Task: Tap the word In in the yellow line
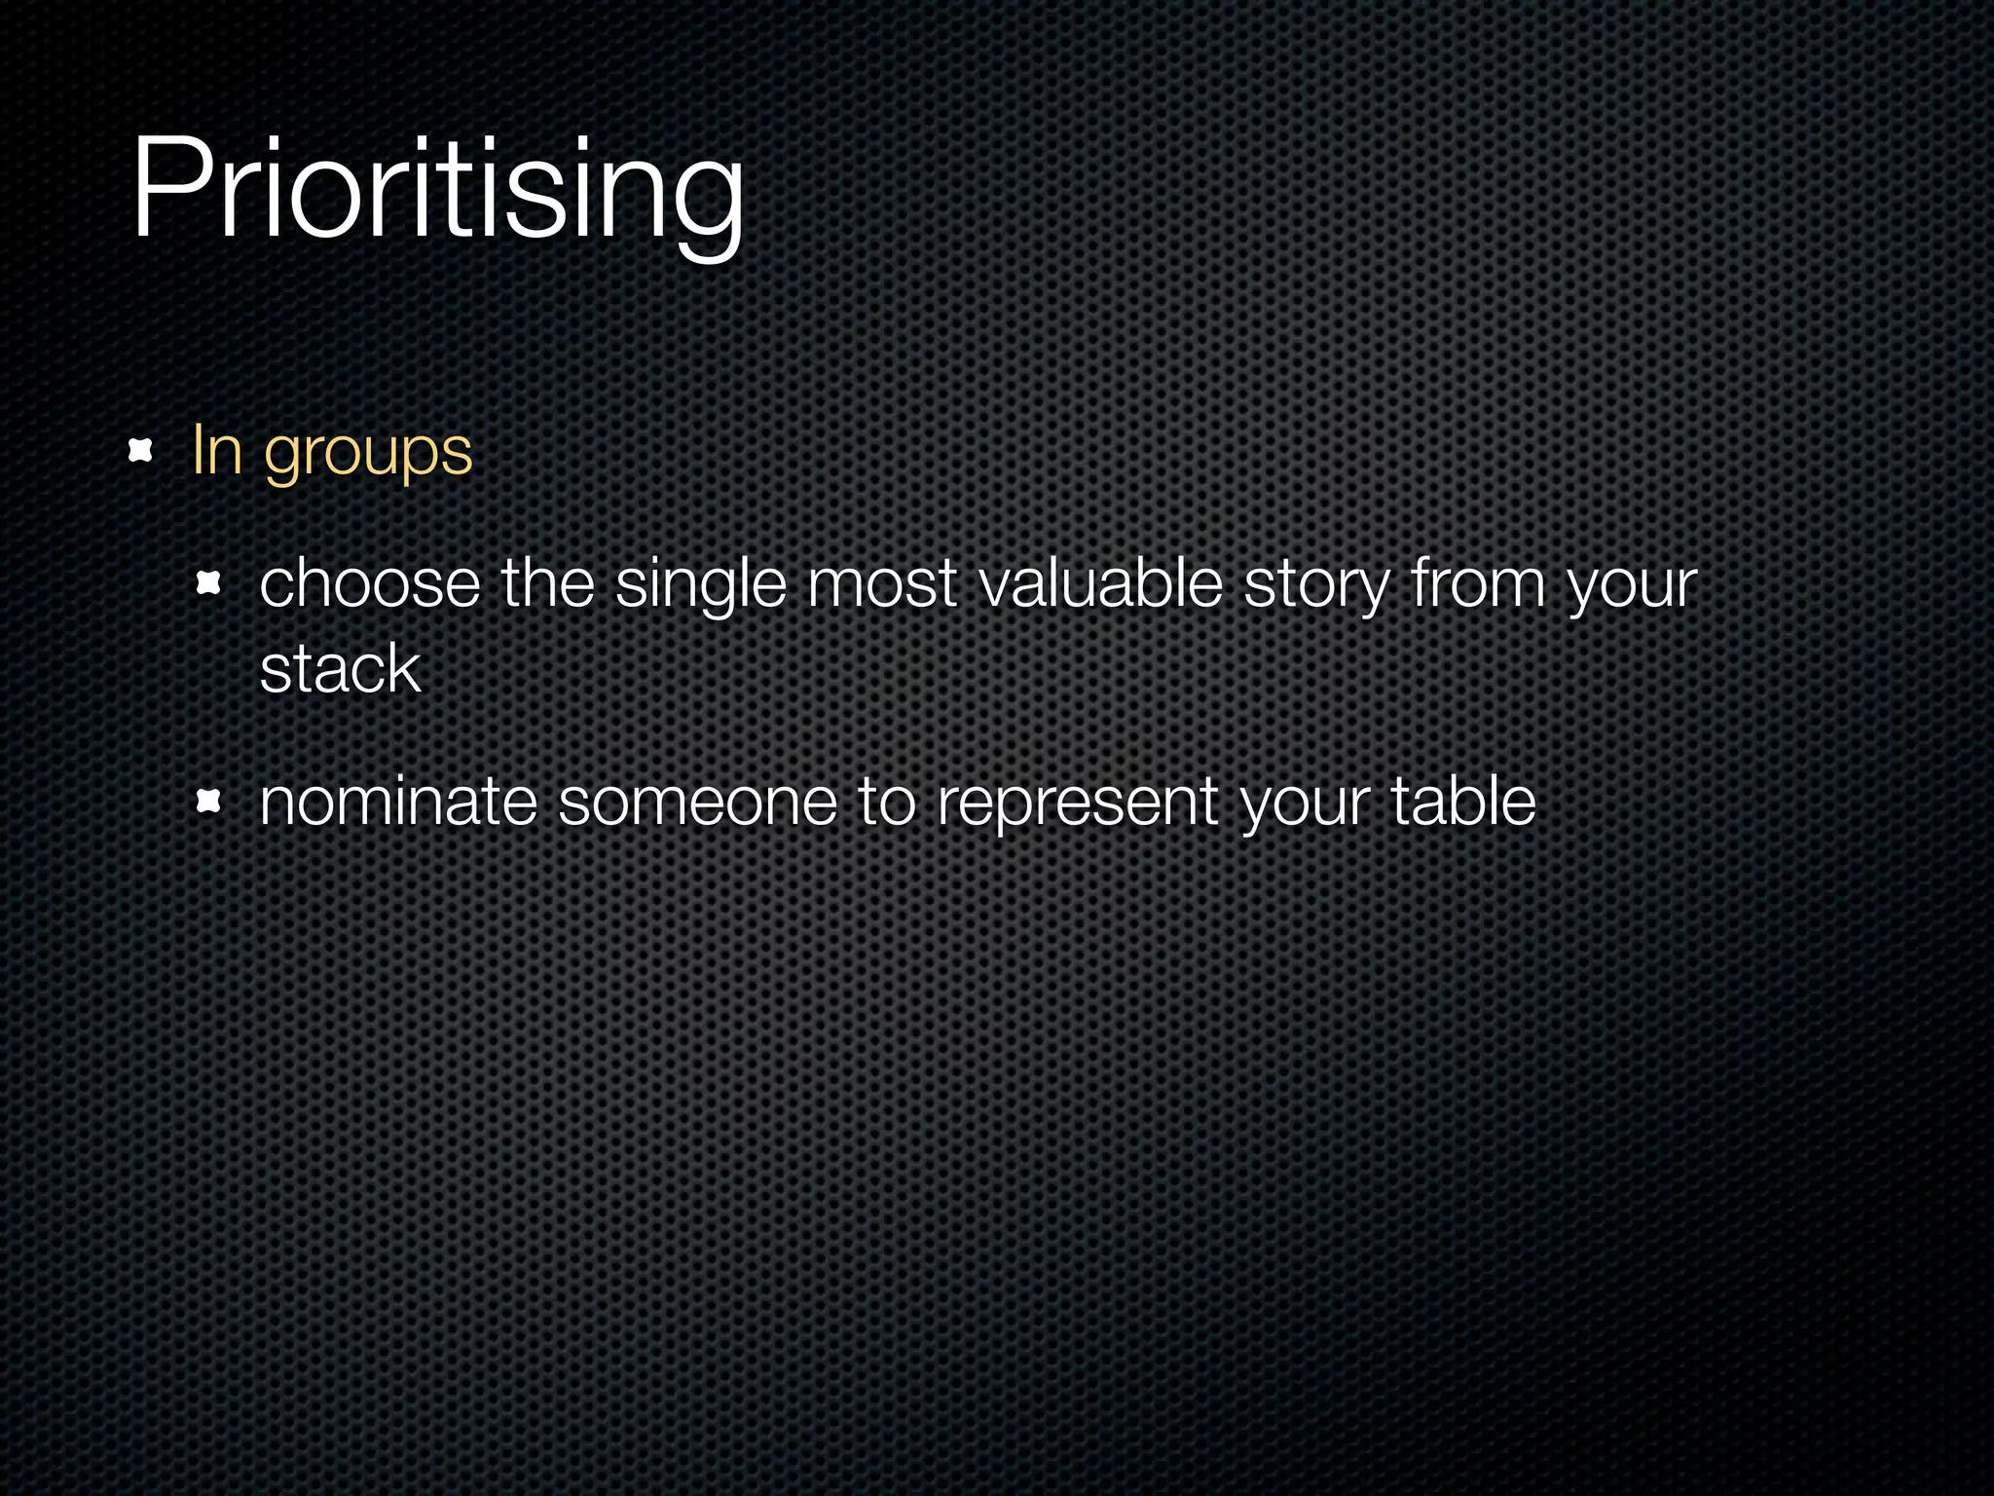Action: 216,451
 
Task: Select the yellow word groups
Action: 368,455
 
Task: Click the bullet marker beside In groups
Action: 142,451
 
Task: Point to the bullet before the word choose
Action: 209,584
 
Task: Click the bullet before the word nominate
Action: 209,802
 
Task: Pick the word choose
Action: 370,584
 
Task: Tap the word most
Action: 882,585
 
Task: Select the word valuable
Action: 1100,584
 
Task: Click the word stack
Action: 340,670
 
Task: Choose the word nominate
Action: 398,803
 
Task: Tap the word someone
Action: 697,803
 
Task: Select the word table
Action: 1462,801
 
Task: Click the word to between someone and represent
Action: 887,803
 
